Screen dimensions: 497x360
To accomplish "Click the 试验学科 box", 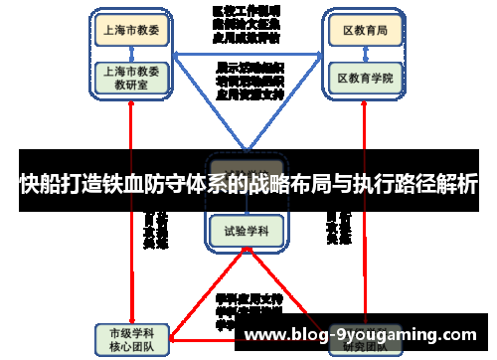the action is coord(246,231).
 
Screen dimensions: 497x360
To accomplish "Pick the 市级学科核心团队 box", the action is coord(132,338).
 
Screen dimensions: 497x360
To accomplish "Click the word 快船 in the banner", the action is coord(38,184).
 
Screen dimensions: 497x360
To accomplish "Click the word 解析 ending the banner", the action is coord(458,184).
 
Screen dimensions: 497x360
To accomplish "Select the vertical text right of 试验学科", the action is coord(337,229).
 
